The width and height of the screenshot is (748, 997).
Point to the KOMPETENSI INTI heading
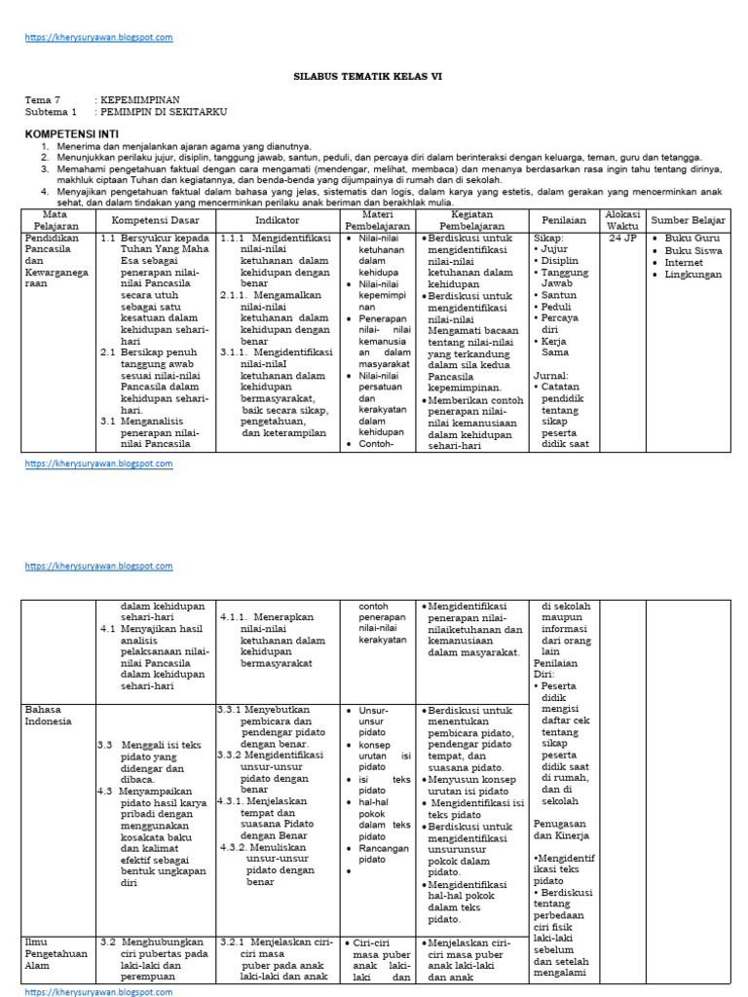tap(72, 130)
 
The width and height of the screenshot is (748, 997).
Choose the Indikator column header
tap(277, 220)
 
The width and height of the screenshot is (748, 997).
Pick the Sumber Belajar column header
tap(688, 220)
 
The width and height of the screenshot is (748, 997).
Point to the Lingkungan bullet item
tap(692, 275)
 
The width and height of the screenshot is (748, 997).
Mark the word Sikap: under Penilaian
tap(549, 237)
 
